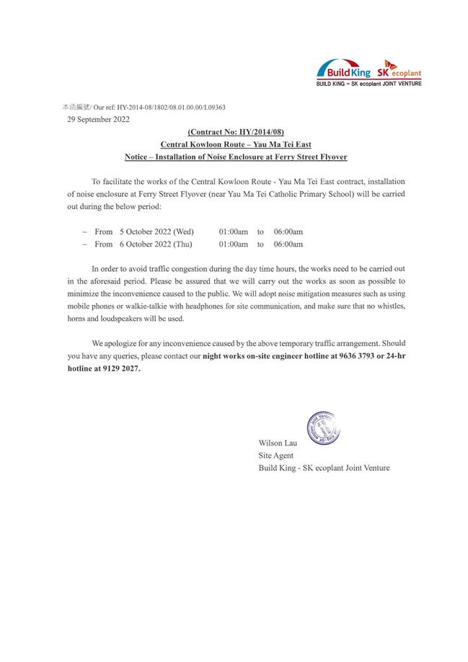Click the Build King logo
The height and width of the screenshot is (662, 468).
(344, 71)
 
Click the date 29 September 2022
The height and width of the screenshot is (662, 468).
(98, 120)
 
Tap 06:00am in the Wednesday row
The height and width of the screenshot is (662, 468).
(288, 231)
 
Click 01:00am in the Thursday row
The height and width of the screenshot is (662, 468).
(234, 244)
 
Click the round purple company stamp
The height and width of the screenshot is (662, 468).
(323, 428)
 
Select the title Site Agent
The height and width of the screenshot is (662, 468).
(276, 455)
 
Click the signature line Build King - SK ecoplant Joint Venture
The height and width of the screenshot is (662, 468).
(324, 468)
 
